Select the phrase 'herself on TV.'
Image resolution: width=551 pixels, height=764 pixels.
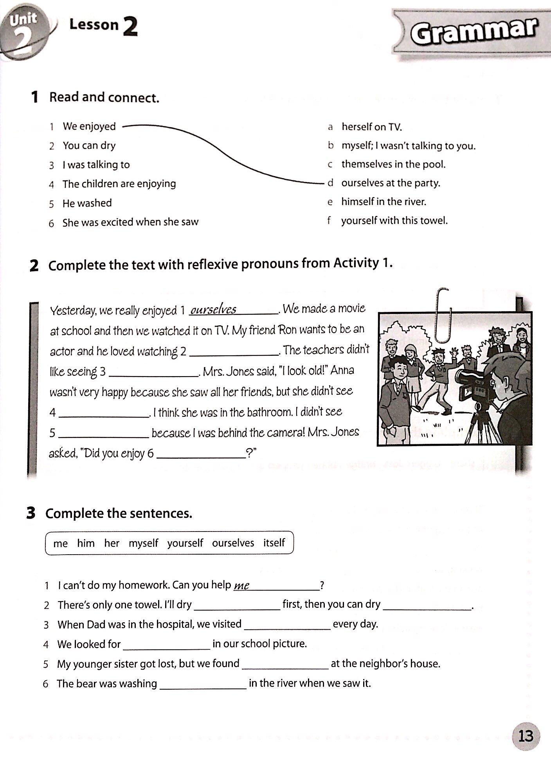click(371, 127)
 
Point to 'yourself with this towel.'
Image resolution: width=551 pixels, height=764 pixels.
click(394, 221)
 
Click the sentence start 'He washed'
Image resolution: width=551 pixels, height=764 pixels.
click(87, 203)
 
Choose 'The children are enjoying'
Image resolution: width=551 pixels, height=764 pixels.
click(119, 184)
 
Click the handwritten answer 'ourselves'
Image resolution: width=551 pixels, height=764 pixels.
click(213, 310)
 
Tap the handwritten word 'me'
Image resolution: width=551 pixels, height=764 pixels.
click(241, 586)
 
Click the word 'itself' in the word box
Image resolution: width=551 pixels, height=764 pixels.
click(274, 543)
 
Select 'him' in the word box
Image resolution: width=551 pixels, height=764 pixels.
click(86, 543)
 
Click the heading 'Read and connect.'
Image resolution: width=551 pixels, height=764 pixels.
click(104, 97)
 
